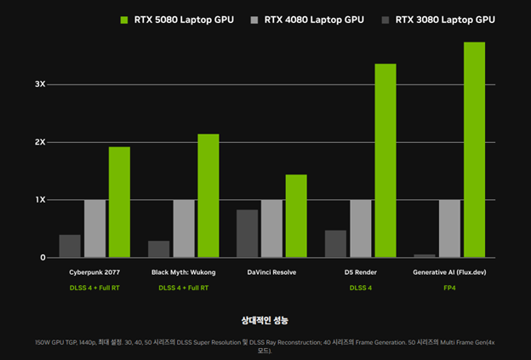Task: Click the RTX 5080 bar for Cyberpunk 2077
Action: click(119, 202)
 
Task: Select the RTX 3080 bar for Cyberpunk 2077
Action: click(70, 246)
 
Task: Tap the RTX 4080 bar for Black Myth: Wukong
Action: click(184, 228)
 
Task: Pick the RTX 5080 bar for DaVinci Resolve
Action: click(296, 215)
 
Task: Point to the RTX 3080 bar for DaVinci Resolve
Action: click(247, 233)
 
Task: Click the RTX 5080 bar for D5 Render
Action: click(385, 160)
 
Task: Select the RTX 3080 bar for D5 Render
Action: click(335, 243)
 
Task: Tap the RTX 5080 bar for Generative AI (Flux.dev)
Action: click(474, 149)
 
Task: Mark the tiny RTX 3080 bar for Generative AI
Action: click(425, 255)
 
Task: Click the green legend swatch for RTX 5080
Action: click(124, 19)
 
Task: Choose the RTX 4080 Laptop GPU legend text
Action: click(312, 19)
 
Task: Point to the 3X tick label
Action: click(40, 84)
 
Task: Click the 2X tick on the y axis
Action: click(40, 142)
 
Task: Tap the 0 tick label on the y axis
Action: click(42, 258)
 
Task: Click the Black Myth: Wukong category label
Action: click(183, 272)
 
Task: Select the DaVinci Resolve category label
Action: click(271, 272)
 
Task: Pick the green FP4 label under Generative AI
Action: click(448, 288)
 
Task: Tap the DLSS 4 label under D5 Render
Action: click(360, 288)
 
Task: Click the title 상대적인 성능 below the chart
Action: click(265, 320)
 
